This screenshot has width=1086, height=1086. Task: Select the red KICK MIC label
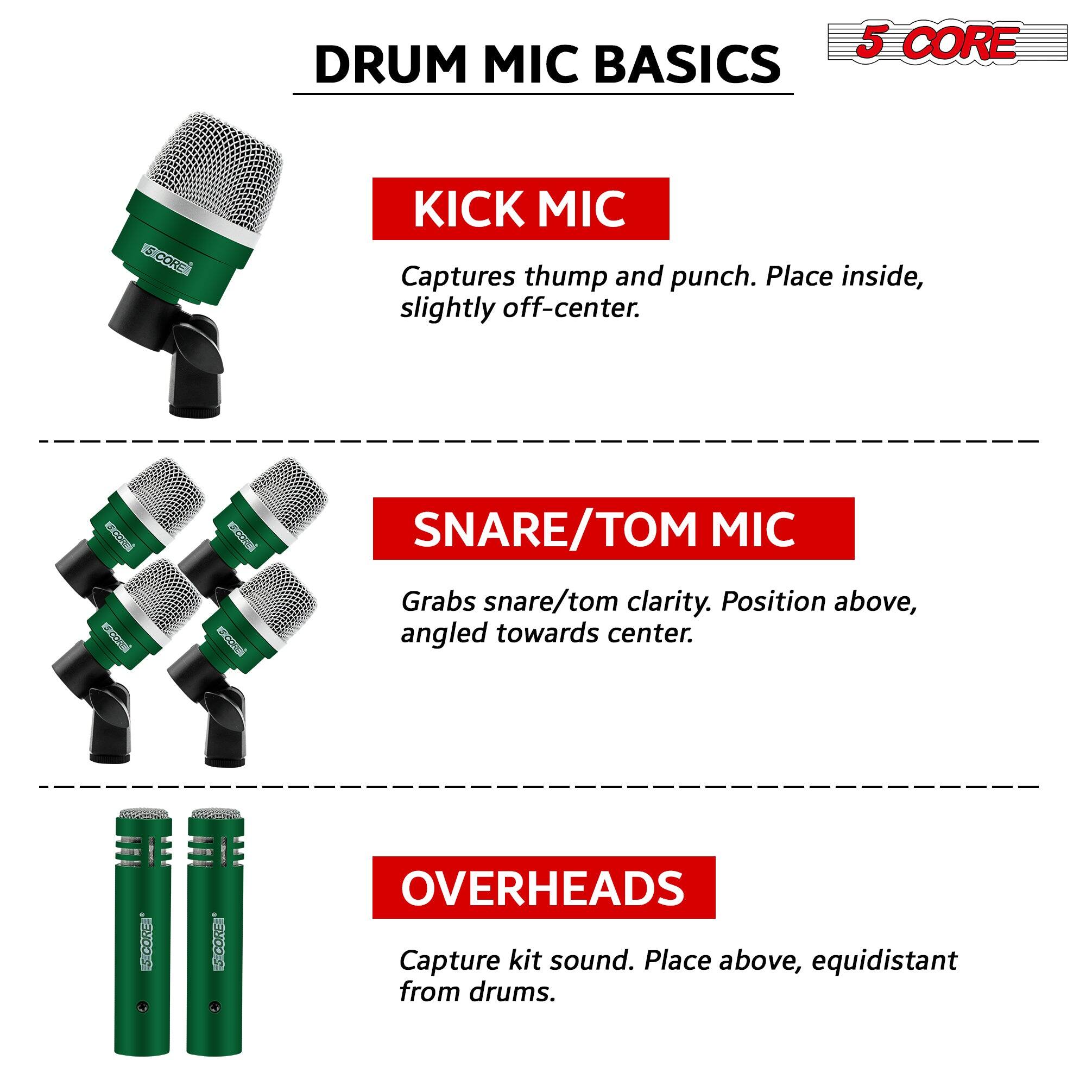(x=521, y=209)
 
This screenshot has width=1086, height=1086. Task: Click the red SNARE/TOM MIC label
(x=613, y=528)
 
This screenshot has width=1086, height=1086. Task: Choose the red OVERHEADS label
(x=544, y=888)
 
